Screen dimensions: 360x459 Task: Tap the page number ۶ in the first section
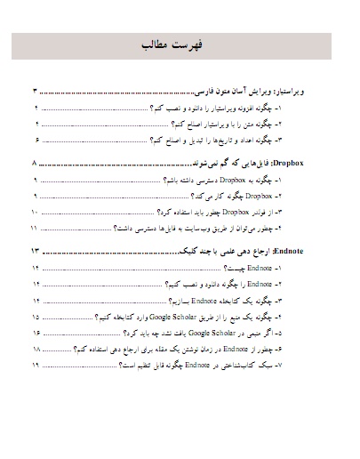coord(36,141)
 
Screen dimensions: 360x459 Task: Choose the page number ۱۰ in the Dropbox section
coord(35,214)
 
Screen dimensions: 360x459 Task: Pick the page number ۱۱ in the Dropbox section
coord(35,229)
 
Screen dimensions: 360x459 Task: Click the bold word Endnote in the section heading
coord(310,254)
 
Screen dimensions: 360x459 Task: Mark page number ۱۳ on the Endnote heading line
coord(36,254)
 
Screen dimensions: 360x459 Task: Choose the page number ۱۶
coord(36,334)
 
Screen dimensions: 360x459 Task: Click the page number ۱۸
coord(36,350)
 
